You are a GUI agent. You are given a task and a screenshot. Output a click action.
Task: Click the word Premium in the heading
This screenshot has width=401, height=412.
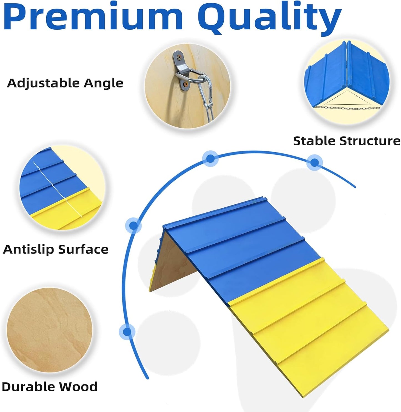(93, 17)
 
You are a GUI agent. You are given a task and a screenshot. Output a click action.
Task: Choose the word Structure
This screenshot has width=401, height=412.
(370, 141)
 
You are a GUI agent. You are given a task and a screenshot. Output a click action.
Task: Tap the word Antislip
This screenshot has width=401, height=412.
(28, 250)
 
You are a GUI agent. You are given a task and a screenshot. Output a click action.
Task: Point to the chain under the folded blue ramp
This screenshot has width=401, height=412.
(347, 107)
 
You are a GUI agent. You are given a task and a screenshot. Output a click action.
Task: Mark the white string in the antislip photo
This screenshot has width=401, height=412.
(56, 188)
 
